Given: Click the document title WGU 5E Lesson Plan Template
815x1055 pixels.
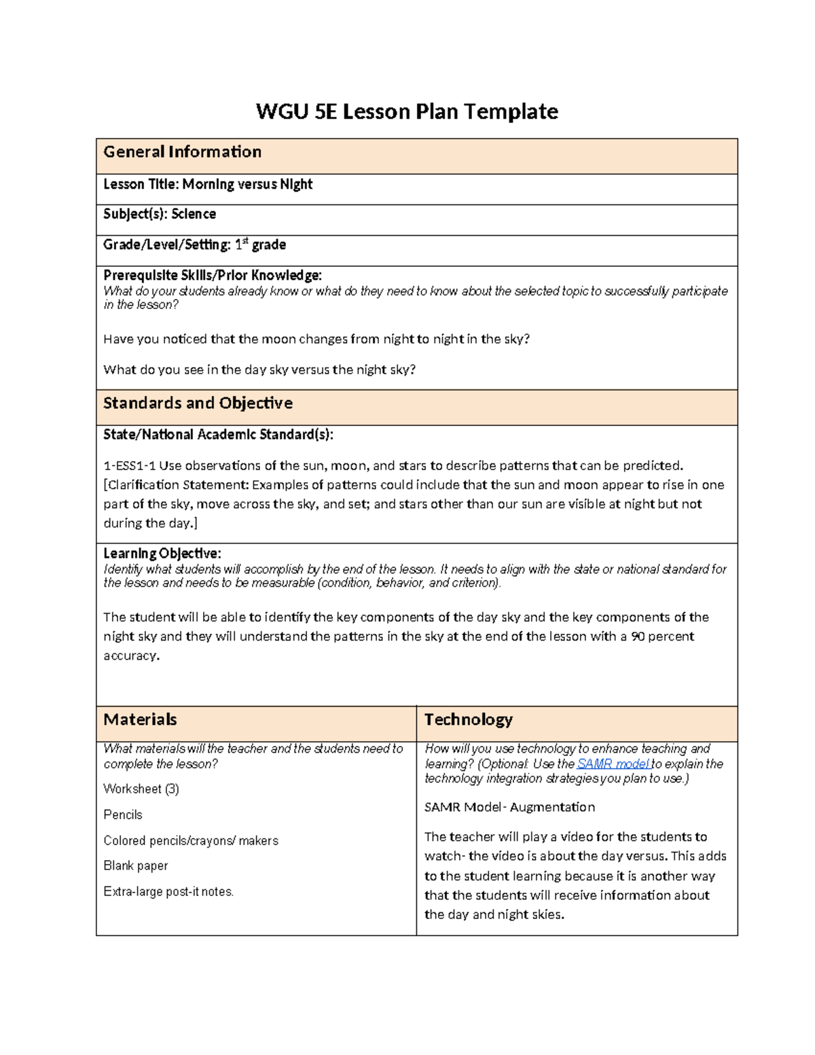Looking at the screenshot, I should click(407, 111).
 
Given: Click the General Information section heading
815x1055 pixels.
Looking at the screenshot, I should click(182, 152).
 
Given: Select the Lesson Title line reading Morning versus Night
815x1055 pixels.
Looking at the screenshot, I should click(208, 185).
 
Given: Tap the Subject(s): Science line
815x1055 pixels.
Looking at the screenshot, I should click(160, 214).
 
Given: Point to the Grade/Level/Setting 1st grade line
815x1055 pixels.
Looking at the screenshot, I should click(194, 245).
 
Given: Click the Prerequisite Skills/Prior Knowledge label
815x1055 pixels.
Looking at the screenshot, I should click(212, 275).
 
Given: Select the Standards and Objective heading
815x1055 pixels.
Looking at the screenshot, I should click(198, 404).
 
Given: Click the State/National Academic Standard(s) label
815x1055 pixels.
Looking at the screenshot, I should click(218, 435).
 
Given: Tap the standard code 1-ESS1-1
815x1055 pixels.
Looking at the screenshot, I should click(129, 466).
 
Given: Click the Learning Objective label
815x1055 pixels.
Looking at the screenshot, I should click(162, 554).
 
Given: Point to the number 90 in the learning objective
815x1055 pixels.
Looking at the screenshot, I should click(637, 637).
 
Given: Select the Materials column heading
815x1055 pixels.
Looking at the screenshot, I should click(140, 720).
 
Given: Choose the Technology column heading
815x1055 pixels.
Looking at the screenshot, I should click(468, 720).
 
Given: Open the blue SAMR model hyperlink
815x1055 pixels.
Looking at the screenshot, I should click(613, 764).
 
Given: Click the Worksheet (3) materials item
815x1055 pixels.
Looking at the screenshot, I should click(141, 789).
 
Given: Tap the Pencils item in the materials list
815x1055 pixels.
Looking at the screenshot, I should click(123, 815).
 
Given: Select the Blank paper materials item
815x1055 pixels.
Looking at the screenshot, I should click(136, 866).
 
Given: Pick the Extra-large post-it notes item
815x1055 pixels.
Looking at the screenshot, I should click(168, 892).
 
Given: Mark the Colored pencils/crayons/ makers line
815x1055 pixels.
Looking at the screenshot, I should click(191, 841).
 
